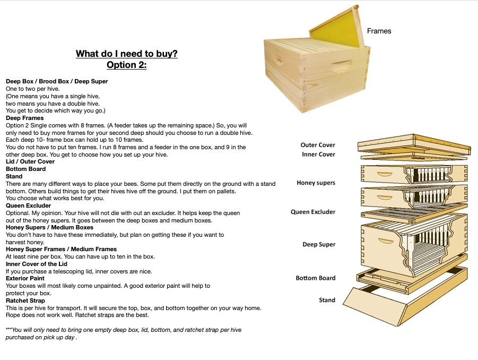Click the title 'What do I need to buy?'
(126, 54)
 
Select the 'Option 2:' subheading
(126, 65)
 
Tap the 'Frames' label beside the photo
(379, 31)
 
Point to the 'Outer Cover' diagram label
(318, 145)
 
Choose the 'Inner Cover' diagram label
(318, 155)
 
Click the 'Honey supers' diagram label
(316, 183)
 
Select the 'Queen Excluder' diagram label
(313, 212)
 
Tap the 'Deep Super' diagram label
(319, 244)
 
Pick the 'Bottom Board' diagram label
(316, 278)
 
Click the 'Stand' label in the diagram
(327, 300)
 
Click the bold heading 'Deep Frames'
(25, 118)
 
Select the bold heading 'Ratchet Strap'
(25, 301)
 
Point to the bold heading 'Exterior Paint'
(25, 278)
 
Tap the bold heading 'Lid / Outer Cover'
(30, 162)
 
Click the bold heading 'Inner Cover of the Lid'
(37, 264)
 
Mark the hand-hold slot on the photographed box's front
(341, 64)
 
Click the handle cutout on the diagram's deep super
(386, 241)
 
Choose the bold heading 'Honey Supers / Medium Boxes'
(50, 228)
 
